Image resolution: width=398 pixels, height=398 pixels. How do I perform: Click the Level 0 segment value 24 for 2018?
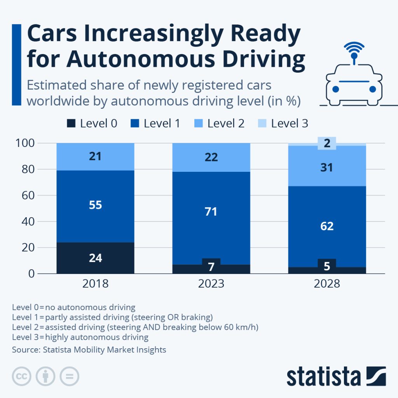pos(95,258)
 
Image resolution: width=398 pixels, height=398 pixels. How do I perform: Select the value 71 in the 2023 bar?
pos(211,212)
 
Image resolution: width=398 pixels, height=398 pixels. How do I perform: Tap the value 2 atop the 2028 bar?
pos(327,143)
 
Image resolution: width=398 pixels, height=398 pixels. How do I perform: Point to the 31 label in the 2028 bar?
pos(327,168)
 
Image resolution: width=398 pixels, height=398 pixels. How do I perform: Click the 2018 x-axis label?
pos(95,284)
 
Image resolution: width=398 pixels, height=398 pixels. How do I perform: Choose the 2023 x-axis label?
pos(211,284)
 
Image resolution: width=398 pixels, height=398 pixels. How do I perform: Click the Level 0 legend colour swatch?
pos(71,124)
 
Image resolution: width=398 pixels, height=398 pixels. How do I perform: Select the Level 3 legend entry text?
pos(290,124)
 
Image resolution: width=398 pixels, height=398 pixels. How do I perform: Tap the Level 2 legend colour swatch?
pos(198,124)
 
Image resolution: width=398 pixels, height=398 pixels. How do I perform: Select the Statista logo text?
pos(323,377)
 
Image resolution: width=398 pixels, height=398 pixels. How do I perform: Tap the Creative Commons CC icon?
pos(22,376)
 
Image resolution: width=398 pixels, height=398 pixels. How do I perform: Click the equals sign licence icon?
pos(69,376)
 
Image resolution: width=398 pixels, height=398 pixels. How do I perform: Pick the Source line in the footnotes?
pos(89,350)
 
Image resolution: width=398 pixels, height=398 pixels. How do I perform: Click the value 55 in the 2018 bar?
pos(95,205)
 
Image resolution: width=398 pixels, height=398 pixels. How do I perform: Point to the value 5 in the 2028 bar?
pos(327,267)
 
